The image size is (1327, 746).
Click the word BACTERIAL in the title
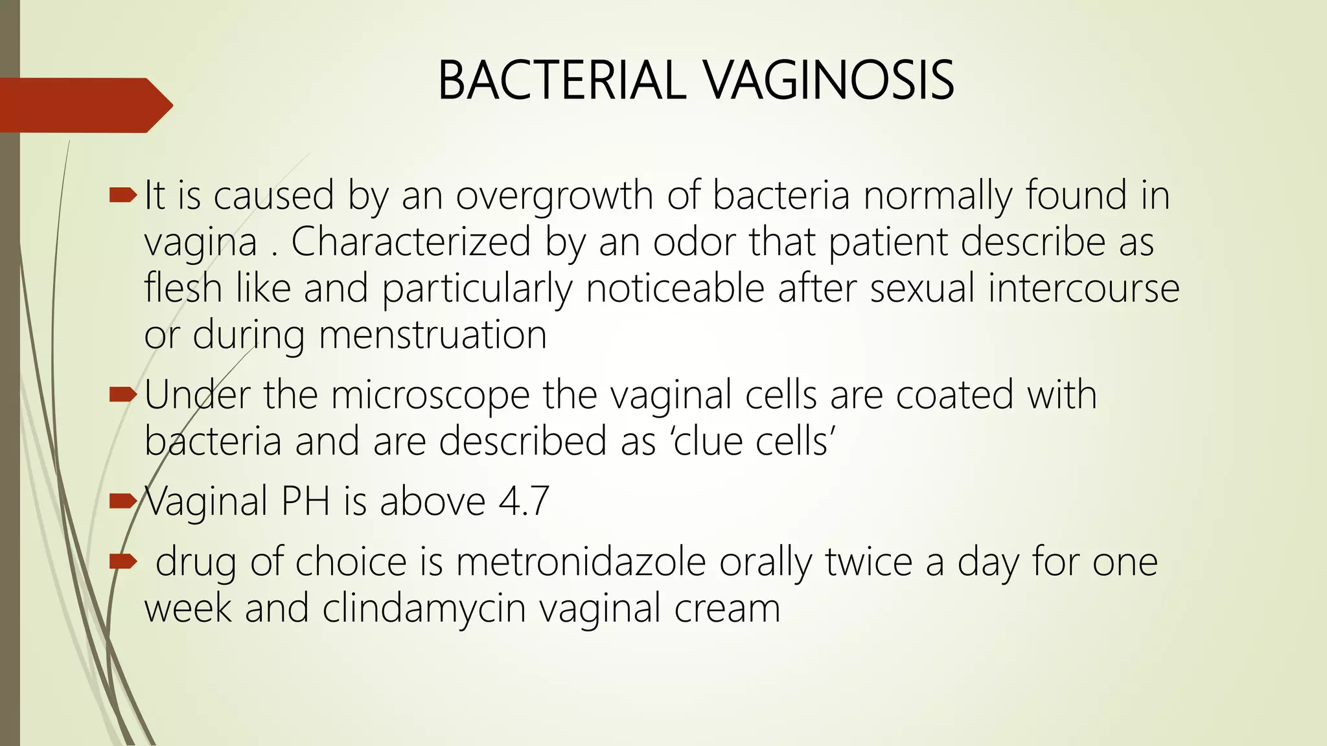pyautogui.click(x=560, y=80)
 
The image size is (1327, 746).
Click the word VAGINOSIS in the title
pyautogui.click(x=829, y=80)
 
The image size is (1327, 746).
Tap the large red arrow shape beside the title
pyautogui.click(x=84, y=105)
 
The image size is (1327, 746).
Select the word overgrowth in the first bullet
pyautogui.click(x=554, y=196)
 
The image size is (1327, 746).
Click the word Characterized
pyautogui.click(x=411, y=242)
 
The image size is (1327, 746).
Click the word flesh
pyautogui.click(x=183, y=288)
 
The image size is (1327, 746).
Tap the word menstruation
pyautogui.click(x=433, y=335)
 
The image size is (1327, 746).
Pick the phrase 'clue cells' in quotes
pyautogui.click(x=750, y=442)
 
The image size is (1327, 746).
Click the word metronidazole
pyautogui.click(x=581, y=561)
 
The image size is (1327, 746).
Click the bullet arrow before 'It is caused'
pyautogui.click(x=122, y=194)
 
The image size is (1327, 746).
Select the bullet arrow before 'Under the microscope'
pyautogui.click(x=122, y=394)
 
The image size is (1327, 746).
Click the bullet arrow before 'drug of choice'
pyautogui.click(x=122, y=560)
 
